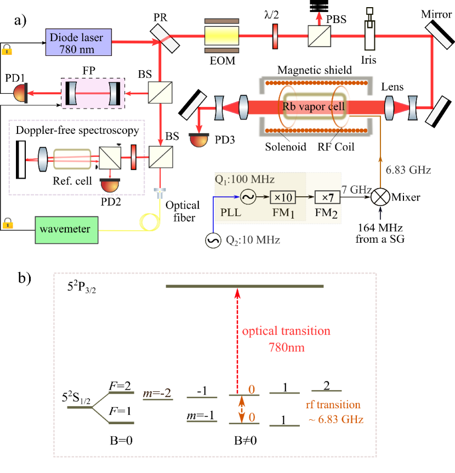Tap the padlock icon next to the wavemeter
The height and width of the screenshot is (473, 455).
pos(7,223)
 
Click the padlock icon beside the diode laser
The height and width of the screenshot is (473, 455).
pos(7,49)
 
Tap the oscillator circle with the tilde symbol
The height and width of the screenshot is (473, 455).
pos(248,197)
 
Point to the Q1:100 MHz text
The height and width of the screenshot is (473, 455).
pos(245,179)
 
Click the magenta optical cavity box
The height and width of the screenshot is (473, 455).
pos(93,93)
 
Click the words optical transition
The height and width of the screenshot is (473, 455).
pos(286,331)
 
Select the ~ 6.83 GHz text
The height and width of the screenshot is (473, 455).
pos(336,420)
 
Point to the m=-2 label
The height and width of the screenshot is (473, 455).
pos(157,394)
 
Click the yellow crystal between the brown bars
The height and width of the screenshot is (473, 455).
pos(221,36)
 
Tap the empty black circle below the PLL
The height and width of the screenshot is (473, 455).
pos(213,240)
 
